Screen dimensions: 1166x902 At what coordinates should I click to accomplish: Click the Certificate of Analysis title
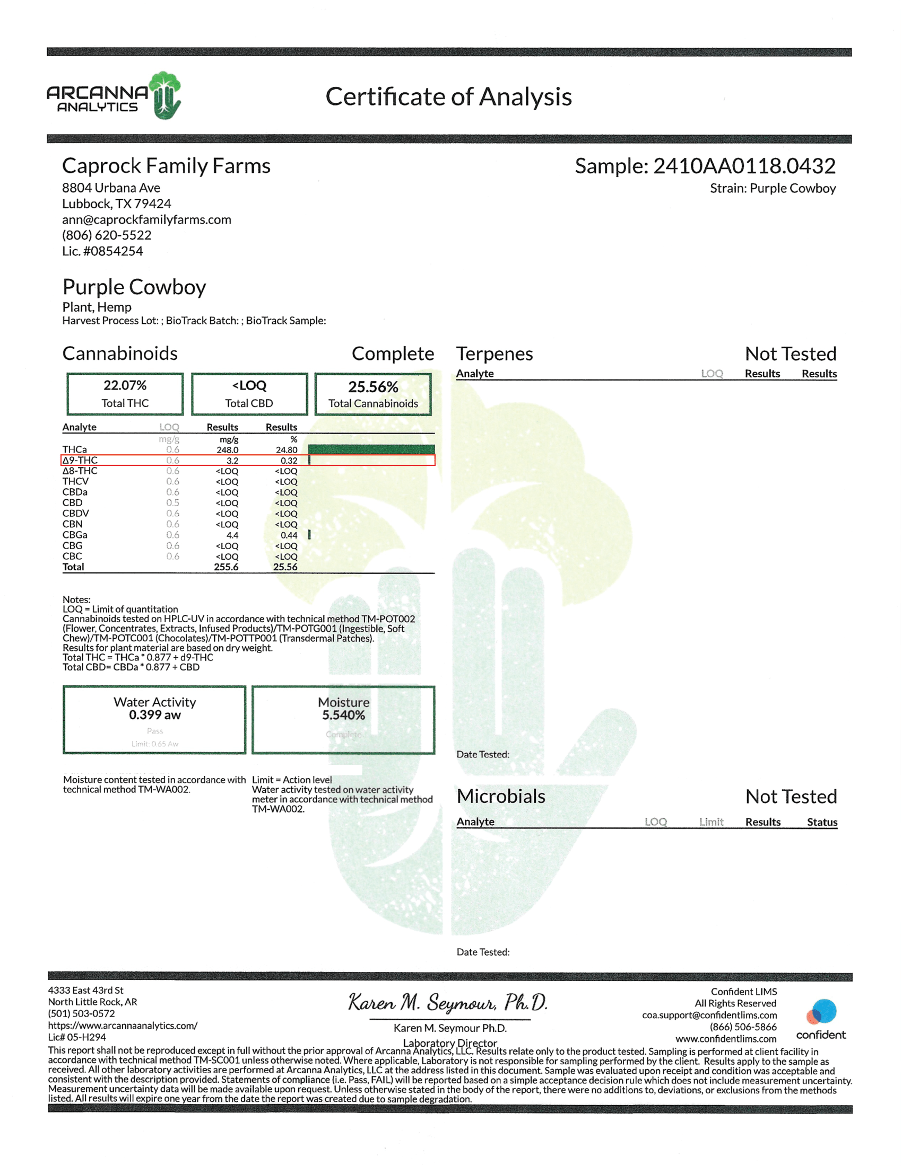(448, 96)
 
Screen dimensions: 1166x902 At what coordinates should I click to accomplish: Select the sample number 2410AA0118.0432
(744, 166)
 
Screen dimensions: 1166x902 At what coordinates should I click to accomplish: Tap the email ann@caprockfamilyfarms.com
(146, 219)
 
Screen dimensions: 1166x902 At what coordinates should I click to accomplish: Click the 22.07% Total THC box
(125, 394)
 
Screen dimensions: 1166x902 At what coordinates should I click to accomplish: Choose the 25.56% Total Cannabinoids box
(373, 394)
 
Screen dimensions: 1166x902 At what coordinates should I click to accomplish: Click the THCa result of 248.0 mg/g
(228, 450)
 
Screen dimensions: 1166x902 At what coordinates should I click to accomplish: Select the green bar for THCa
(371, 449)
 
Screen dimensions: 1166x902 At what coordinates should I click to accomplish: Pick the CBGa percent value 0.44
(289, 535)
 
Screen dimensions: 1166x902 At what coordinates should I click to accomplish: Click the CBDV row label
(76, 514)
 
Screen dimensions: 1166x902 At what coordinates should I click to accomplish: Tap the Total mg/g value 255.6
(226, 567)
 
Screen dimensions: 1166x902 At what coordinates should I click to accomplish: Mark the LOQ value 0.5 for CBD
(172, 503)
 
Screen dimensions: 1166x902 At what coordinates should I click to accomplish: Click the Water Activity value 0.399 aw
(154, 715)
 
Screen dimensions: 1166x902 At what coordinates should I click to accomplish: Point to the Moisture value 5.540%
(343, 715)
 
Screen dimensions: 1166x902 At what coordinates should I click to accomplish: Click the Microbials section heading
(501, 797)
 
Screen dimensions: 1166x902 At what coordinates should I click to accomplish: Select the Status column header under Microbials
(822, 822)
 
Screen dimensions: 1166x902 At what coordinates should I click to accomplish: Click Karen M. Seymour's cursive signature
(448, 1003)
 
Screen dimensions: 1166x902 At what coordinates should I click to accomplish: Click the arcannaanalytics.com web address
(123, 1026)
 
